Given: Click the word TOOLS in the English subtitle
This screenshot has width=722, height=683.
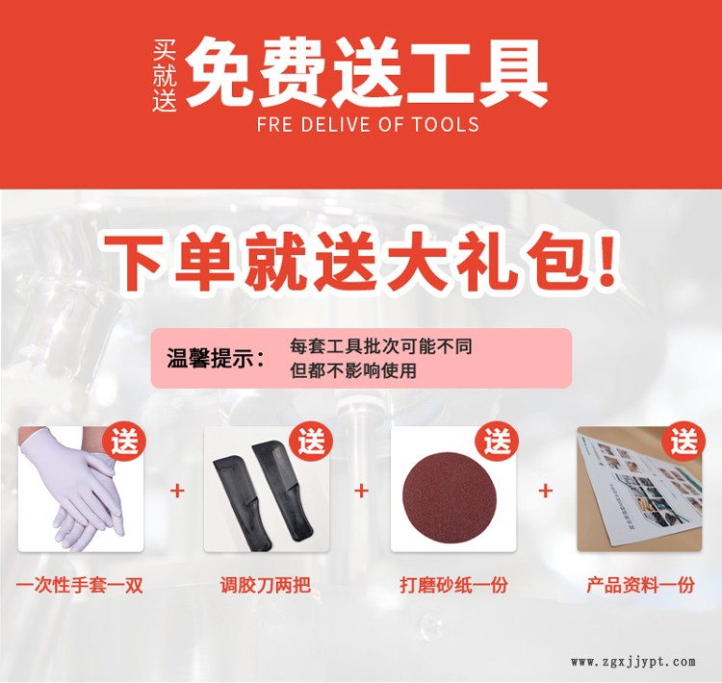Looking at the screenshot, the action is tap(445, 125).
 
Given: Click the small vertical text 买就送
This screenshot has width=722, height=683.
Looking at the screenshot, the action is tap(165, 76).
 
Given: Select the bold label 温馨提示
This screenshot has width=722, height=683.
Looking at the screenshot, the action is tap(216, 358).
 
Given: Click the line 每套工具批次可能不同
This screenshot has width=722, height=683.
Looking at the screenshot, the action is tap(381, 346).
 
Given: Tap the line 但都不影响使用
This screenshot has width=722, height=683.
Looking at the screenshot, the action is tap(353, 370).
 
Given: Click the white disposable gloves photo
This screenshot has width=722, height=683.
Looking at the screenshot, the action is tap(81, 489).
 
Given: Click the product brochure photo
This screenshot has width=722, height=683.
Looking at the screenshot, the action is tap(639, 489).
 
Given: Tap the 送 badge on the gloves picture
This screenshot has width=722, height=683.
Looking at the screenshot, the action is tap(124, 443).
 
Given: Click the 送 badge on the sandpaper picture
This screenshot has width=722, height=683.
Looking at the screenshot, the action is tap(497, 443).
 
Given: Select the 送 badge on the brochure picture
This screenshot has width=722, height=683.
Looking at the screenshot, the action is tap(683, 443).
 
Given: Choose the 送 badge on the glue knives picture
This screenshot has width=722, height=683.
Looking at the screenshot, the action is tap(310, 443).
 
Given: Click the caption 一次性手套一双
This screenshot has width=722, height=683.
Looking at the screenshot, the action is tap(80, 586).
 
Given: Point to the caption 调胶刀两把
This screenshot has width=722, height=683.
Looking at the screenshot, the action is tap(266, 586).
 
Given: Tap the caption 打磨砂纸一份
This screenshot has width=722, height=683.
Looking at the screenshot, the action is tap(453, 586).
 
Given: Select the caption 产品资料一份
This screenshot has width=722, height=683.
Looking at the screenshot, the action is tap(640, 586).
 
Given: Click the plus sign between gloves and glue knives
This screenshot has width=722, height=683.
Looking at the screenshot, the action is tap(177, 491).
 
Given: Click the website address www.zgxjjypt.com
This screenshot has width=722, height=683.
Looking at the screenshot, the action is tap(633, 662).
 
